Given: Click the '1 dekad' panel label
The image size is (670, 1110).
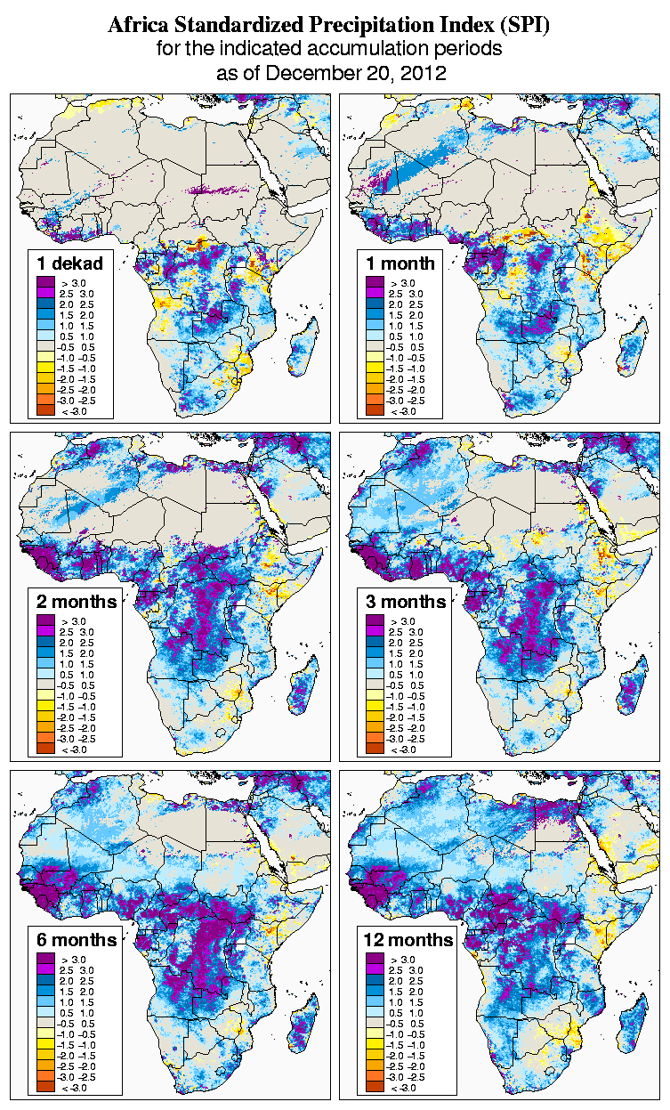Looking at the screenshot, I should pos(70,263).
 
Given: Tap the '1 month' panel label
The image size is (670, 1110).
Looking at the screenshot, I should pos(400,263).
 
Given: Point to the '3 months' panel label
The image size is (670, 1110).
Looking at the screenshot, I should pos(406,602).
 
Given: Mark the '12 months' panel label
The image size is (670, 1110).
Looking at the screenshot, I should pos(408,940).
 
